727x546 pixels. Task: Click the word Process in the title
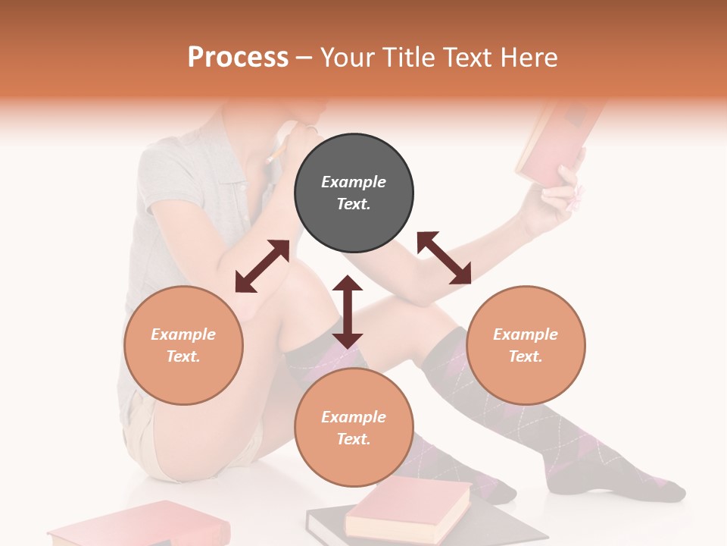[x=238, y=58]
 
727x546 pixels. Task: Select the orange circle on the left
[x=183, y=345]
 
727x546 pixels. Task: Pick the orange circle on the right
[x=526, y=345]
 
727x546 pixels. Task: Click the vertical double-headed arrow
[x=348, y=312]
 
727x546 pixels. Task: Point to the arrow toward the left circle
[x=262, y=266]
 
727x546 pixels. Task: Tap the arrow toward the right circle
[x=444, y=258]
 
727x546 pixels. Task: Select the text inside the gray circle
[x=354, y=193]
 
